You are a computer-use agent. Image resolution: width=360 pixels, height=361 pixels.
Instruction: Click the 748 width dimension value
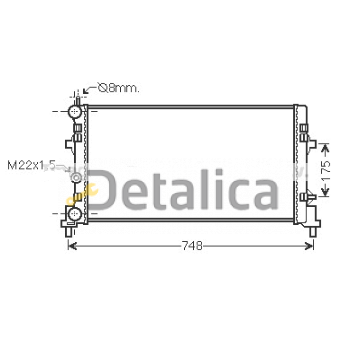pyautogui.click(x=192, y=246)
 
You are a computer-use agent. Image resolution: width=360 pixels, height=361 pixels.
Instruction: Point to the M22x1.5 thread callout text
pyautogui.click(x=31, y=165)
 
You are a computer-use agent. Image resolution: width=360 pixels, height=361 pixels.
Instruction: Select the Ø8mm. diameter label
pyautogui.click(x=118, y=88)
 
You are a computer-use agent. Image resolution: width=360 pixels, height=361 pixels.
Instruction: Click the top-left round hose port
pyautogui.click(x=74, y=111)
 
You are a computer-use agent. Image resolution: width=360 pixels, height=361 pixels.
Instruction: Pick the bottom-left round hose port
pyautogui.click(x=74, y=213)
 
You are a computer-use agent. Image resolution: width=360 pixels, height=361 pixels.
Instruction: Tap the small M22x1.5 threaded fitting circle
pyautogui.click(x=76, y=177)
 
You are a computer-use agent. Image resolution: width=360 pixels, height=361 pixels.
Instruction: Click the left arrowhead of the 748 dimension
pyautogui.click(x=72, y=246)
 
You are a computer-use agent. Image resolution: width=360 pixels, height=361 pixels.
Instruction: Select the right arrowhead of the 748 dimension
pyautogui.click(x=309, y=246)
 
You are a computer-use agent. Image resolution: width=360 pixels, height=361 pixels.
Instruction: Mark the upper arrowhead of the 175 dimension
pyautogui.click(x=325, y=148)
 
